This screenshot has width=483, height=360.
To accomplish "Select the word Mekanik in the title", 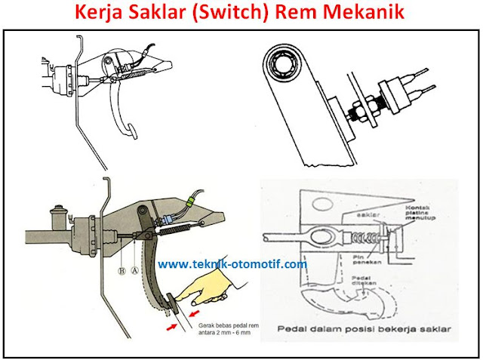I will coord(358,14).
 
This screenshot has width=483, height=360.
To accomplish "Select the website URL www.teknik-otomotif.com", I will coord(232,264).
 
